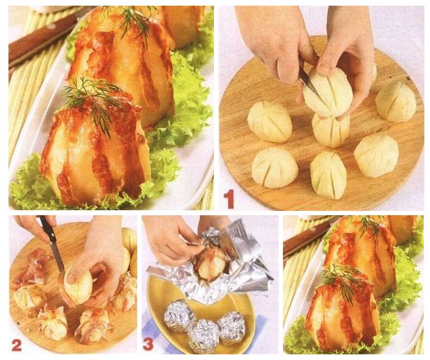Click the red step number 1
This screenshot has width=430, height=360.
tap(229, 198)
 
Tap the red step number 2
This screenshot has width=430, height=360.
tap(17, 345)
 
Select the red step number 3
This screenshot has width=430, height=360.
tap(148, 345)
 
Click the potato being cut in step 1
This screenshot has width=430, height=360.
tap(328, 93)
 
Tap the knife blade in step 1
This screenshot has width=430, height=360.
tap(308, 82)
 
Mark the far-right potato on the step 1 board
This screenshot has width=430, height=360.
tap(396, 102)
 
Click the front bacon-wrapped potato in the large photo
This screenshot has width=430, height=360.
tap(94, 153)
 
